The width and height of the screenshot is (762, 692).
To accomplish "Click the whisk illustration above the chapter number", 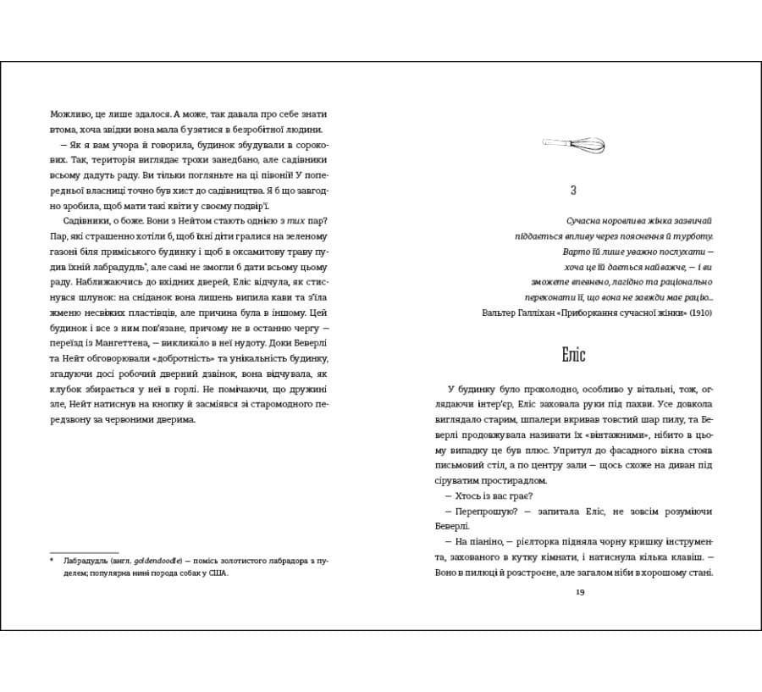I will pos(572,145).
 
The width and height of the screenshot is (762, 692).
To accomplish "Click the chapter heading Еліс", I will pos(573,353).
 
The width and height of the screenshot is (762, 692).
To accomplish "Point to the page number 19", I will pos(579,591).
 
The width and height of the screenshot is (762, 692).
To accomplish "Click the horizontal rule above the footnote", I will pos(84,551).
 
